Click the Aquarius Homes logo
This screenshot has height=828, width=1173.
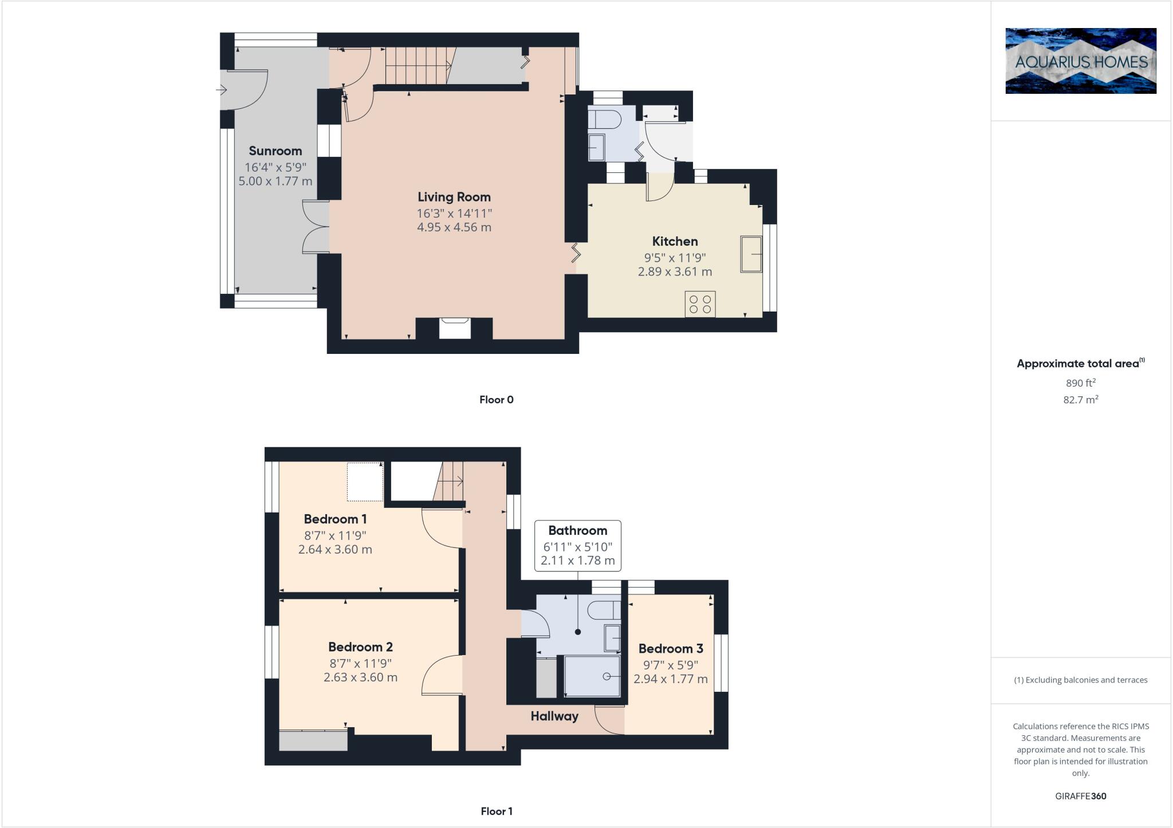[x=1081, y=61]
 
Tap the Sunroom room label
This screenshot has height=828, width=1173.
[x=275, y=151]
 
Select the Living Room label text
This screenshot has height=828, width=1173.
[x=454, y=198]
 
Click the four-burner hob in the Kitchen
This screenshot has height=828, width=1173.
[x=700, y=304]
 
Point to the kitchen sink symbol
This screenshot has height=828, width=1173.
[x=751, y=254]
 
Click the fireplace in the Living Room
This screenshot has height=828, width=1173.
[x=454, y=329]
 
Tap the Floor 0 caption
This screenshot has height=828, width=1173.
[x=496, y=400]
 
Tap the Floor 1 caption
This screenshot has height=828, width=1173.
[x=496, y=811]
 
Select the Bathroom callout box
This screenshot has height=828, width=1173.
[x=577, y=545]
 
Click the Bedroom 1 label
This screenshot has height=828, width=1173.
[x=335, y=519]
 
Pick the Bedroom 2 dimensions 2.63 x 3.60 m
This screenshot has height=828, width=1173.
[x=360, y=677]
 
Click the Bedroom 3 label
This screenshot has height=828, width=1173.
[x=670, y=649]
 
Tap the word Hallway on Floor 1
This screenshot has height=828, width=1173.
[x=554, y=716]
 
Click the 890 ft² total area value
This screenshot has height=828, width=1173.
[x=1080, y=383]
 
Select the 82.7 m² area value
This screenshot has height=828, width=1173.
[x=1080, y=400]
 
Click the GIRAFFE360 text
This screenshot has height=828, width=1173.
[x=1080, y=796]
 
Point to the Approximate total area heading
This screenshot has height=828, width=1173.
[x=1077, y=364]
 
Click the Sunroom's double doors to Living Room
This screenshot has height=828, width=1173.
[x=316, y=227]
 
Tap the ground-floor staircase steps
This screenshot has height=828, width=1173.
[x=417, y=66]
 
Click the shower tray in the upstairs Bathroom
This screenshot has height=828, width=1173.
[x=592, y=676]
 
